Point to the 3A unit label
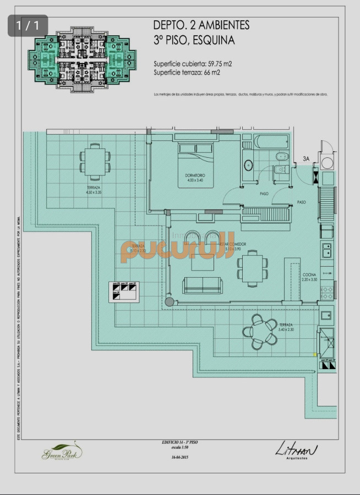coord(307,159)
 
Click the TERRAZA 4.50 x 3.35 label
coord(93,190)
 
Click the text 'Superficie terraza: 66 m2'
coord(187,72)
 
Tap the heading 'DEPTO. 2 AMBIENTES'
coord(201,25)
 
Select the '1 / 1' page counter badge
coord(28,25)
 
